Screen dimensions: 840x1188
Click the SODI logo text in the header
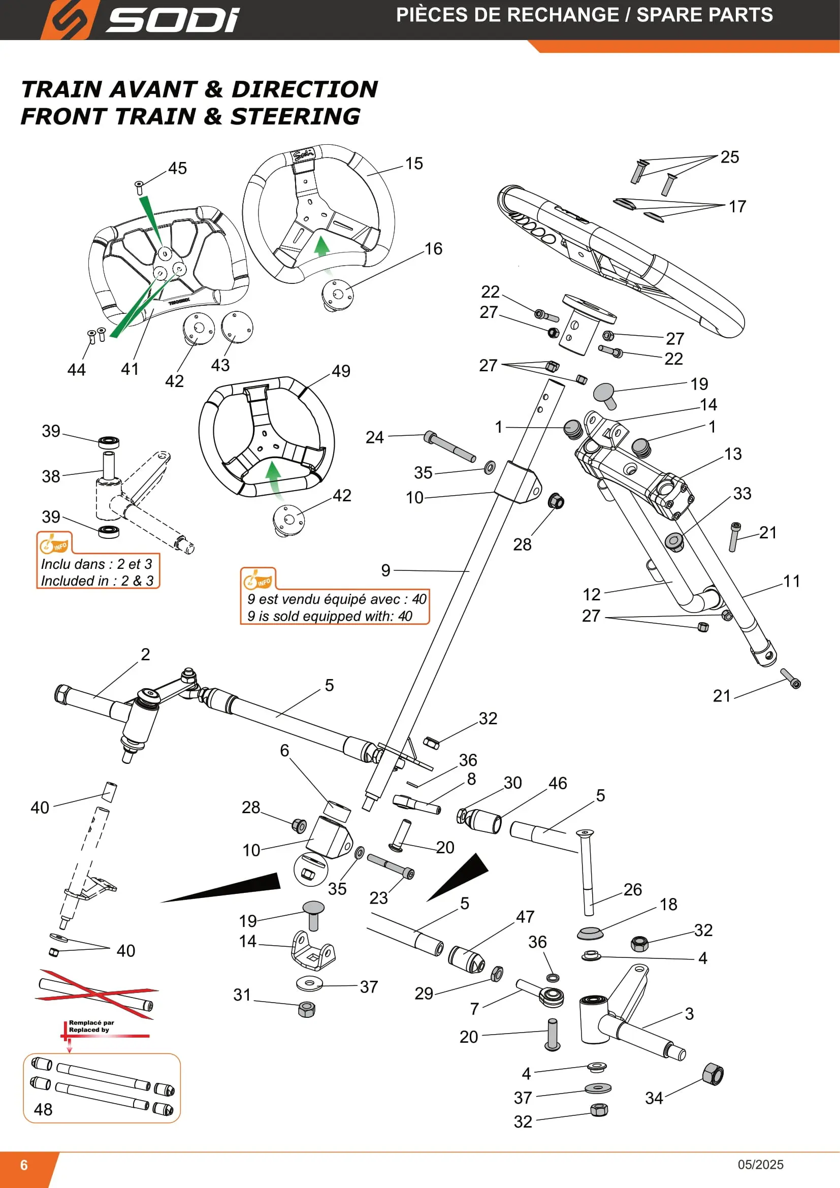(173, 20)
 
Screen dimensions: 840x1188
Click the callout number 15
(414, 164)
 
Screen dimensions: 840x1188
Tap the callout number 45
(177, 168)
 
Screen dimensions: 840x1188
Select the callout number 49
(341, 371)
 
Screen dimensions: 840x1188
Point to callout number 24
(374, 437)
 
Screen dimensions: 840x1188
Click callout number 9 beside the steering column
(386, 570)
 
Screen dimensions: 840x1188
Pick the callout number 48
(43, 1109)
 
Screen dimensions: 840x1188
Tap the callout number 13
(733, 454)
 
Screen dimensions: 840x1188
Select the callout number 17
(737, 207)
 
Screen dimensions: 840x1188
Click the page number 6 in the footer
(24, 1165)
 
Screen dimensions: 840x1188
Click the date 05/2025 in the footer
(760, 1165)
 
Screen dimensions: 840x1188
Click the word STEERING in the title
(296, 116)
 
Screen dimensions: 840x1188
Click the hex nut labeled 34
(713, 1074)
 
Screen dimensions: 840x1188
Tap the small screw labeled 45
(139, 187)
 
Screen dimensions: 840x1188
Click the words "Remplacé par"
(91, 1022)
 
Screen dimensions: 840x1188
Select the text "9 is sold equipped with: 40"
(330, 616)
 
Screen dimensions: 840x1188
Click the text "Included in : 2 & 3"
(97, 581)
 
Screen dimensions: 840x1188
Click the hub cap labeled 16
(337, 295)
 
